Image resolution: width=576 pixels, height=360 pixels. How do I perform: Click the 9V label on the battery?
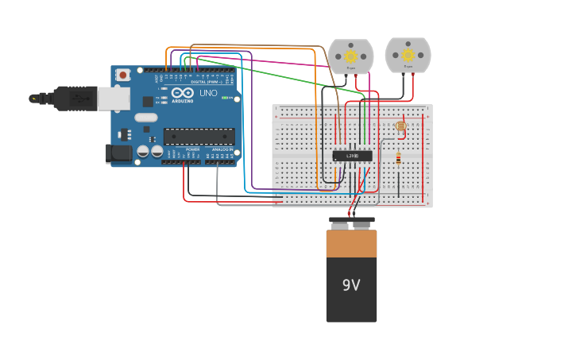click(351, 285)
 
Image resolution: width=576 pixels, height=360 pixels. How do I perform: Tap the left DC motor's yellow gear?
click(350, 56)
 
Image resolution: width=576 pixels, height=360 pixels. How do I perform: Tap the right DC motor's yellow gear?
click(408, 55)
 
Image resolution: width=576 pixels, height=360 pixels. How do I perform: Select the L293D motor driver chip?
click(352, 156)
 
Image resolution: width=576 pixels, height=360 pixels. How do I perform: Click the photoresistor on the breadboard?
click(400, 126)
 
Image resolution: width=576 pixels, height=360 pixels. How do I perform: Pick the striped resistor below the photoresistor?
click(398, 159)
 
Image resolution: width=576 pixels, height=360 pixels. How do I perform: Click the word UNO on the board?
click(208, 93)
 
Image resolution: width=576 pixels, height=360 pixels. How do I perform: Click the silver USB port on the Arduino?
click(114, 98)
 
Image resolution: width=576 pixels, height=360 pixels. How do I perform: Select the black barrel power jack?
click(118, 153)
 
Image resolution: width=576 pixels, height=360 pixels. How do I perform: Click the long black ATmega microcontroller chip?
click(199, 137)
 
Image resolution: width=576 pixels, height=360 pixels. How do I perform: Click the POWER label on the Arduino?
click(192, 149)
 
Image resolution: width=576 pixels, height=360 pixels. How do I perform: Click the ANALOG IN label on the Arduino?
click(222, 149)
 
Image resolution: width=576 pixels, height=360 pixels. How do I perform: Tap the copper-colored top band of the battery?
click(351, 243)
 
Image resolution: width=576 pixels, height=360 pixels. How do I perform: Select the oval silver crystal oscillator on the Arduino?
click(146, 118)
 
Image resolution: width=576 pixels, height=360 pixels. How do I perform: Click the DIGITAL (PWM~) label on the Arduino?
click(206, 82)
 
